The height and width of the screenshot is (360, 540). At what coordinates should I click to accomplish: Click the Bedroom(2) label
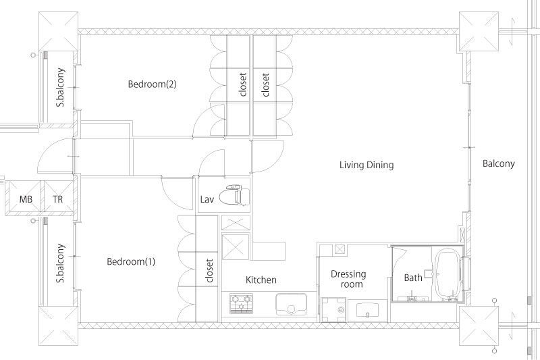pos(153,84)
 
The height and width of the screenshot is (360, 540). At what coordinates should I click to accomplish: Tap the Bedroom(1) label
pos(131,261)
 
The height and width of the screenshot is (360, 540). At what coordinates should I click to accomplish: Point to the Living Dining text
pos(367,165)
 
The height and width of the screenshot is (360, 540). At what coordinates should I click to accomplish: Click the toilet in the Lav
pos(236,195)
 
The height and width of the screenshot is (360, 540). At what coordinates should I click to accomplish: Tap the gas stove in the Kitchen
pos(241,303)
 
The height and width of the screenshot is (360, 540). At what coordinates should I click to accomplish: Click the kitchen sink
pos(291,304)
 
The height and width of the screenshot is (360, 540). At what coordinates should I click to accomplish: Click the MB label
pos(26,199)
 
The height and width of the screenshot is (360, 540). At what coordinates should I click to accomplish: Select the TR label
pos(58,199)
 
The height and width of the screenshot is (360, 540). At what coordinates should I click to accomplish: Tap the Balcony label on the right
pos(498,163)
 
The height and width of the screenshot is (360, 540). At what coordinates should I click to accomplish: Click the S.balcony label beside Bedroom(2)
pos(61,88)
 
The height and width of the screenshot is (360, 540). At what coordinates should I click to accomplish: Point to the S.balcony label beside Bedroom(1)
pos(61,263)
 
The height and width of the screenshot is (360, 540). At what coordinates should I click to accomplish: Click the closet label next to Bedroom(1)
pos(209,270)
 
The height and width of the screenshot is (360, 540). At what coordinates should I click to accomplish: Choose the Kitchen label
pos(261,280)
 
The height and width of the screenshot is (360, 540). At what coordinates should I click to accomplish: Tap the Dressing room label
pos(348,279)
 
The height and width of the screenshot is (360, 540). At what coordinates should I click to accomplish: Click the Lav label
pos(207,199)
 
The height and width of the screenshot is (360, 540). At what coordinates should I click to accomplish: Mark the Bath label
pos(413,278)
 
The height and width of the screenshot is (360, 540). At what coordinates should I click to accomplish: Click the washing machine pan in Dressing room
pos(332,310)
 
